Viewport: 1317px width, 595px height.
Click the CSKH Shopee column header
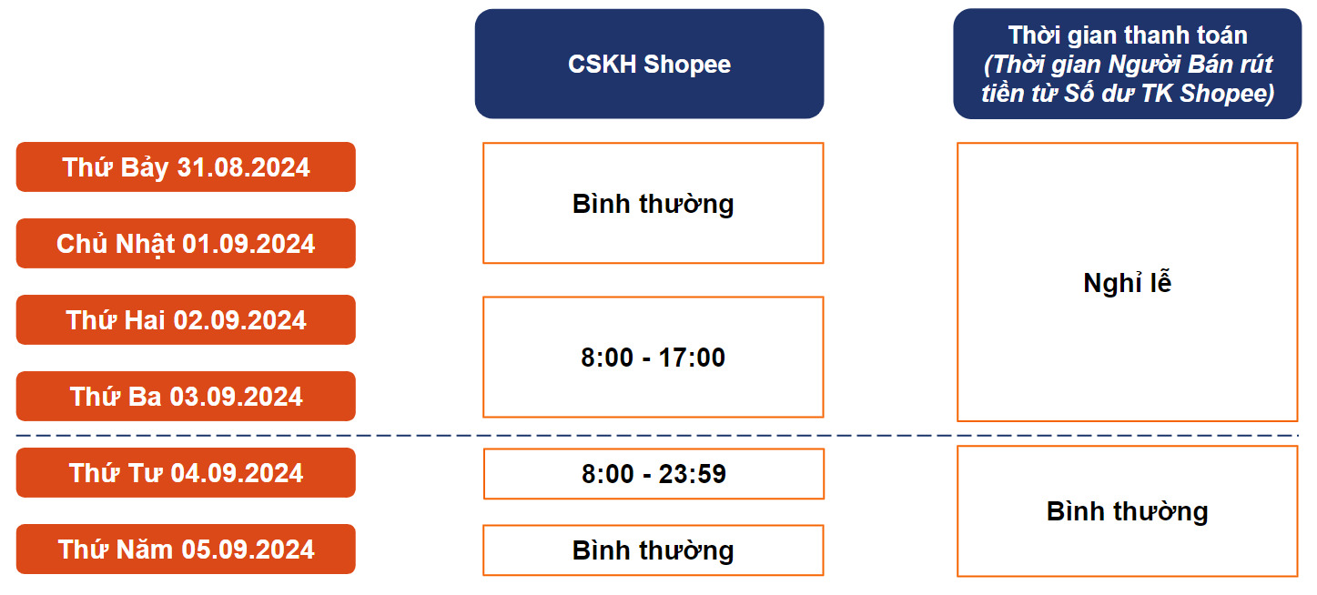click(649, 64)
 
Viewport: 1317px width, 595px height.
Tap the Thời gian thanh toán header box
click(1127, 64)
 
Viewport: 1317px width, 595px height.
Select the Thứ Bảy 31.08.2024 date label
click(186, 167)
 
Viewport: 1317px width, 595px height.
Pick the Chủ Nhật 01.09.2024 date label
click(186, 244)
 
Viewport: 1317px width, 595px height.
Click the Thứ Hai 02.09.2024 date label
click(186, 320)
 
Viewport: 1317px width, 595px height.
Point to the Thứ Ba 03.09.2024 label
click(186, 397)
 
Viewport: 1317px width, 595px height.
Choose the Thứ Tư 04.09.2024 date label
click(186, 473)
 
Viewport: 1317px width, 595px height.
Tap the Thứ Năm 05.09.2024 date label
click(186, 550)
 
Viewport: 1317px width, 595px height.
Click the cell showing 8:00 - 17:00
click(653, 357)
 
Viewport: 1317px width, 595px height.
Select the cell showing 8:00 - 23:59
click(653, 474)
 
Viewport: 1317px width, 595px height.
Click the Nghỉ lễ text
click(1127, 282)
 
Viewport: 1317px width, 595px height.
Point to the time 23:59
click(692, 474)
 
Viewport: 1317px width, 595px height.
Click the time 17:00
click(692, 358)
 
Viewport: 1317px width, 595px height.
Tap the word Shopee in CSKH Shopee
click(687, 65)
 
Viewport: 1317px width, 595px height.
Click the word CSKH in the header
click(602, 64)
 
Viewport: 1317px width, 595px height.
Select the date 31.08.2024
click(243, 167)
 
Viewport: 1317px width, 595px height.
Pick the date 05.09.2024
click(248, 550)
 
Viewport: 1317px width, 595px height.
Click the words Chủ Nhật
click(116, 244)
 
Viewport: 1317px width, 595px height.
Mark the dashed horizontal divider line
click(657, 436)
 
